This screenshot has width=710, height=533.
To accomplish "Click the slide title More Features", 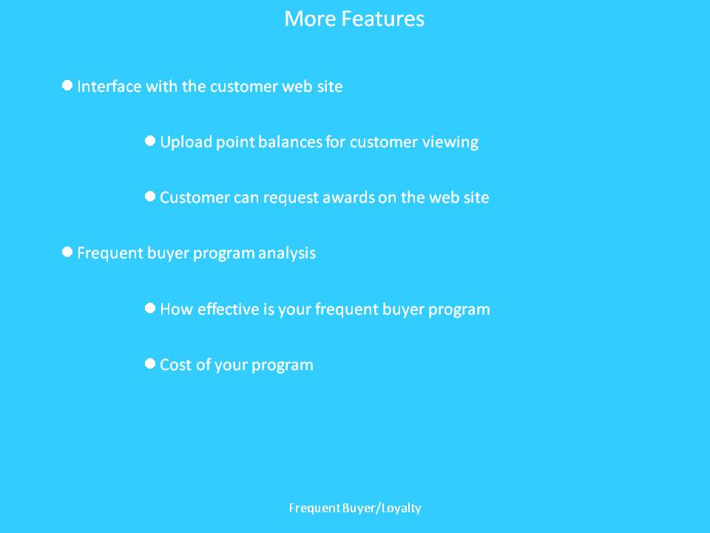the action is pos(354,19).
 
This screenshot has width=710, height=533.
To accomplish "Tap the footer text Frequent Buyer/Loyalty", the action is pos(355,508).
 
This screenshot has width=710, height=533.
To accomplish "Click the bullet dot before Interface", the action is pos(67,85).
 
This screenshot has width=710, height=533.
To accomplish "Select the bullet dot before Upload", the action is pos(150,141).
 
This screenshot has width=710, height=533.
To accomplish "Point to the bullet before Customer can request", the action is pos(150,197).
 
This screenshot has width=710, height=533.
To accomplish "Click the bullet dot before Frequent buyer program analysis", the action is pos(67,252).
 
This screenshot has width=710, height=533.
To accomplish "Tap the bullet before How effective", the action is pos(150,308).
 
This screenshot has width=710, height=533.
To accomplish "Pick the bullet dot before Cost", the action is pos(150,363).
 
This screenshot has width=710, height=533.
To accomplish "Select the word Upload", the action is pos(186,142).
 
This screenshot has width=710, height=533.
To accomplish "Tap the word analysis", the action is pos(287,253).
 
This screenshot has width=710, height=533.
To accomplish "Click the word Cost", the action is pos(175,365).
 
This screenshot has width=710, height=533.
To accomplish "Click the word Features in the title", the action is pos(382,19).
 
